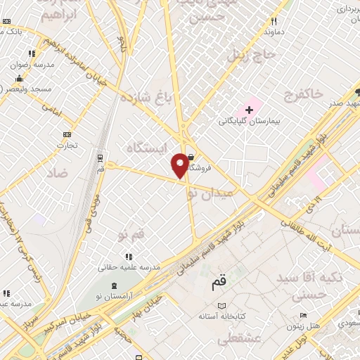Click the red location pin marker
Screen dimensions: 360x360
(180, 165)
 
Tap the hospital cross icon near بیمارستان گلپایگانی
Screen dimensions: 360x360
(249, 110)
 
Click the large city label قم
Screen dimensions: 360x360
(219, 283)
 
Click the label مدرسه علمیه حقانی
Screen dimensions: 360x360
(129, 267)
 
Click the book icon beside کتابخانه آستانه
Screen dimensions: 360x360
(223, 306)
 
